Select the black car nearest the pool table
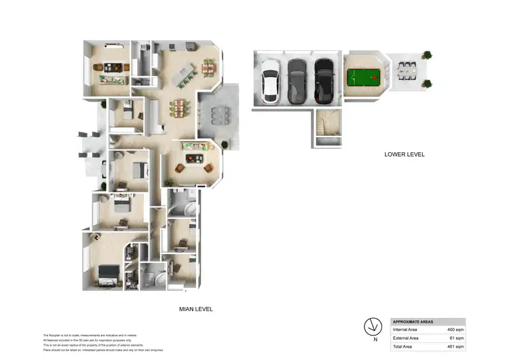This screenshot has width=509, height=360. (x=324, y=81)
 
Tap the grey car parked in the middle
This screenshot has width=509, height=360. (x=297, y=81)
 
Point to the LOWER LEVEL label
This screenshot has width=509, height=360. (x=404, y=154)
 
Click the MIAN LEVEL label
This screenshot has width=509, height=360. (x=195, y=309)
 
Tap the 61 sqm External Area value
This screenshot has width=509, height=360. (x=456, y=338)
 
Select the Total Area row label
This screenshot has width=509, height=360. (x=404, y=346)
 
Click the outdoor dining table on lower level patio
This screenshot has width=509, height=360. (x=407, y=70)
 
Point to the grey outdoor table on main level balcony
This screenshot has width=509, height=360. (x=217, y=115)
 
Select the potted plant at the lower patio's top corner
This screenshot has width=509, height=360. (x=427, y=55)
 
